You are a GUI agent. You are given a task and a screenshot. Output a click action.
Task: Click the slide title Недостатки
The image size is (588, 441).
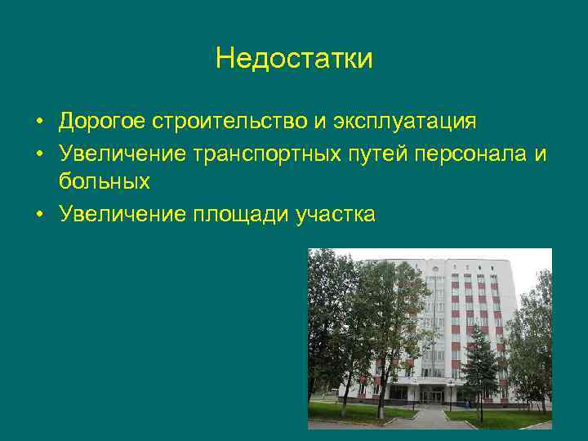click(294, 59)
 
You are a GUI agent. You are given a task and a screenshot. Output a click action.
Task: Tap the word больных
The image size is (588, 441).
click(104, 182)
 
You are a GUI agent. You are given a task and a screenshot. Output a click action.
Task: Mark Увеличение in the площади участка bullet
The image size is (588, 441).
click(122, 213)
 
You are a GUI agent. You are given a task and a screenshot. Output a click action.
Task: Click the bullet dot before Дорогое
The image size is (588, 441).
click(39, 122)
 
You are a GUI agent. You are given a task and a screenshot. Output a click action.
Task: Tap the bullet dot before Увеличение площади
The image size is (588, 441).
click(39, 214)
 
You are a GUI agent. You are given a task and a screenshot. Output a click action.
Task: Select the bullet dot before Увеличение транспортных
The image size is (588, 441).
click(39, 153)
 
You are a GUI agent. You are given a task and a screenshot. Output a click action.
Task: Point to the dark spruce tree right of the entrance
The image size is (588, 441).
click(480, 363)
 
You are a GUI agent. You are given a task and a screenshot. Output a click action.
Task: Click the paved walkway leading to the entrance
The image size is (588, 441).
click(433, 416)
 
